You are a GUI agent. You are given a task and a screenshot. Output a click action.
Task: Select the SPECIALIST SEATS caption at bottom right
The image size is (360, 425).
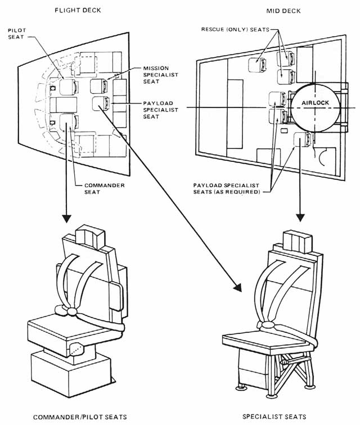[274, 417]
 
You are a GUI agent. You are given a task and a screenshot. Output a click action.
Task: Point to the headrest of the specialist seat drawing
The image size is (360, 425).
[295, 242]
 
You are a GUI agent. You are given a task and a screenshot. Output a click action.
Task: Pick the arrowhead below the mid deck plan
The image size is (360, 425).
[301, 216]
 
